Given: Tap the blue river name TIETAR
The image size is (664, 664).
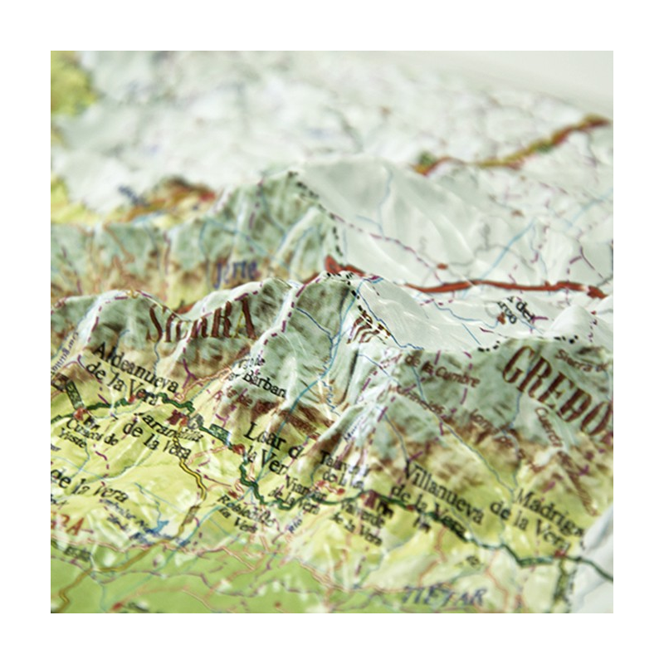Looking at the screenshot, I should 431,594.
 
